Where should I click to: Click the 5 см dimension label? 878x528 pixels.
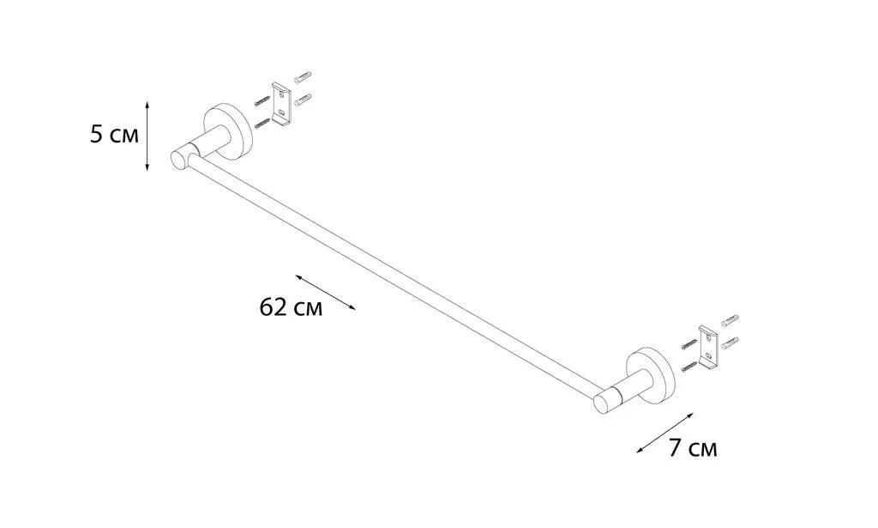coord(114,135)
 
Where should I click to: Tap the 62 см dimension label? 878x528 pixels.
coord(292,307)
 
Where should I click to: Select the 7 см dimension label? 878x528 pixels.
coord(693,448)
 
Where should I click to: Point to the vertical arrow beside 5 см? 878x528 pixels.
coord(147,137)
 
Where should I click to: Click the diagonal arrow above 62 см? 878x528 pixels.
coord(326,292)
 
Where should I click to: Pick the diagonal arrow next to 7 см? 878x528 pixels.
coord(665,433)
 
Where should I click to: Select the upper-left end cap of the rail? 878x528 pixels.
coord(180,159)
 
